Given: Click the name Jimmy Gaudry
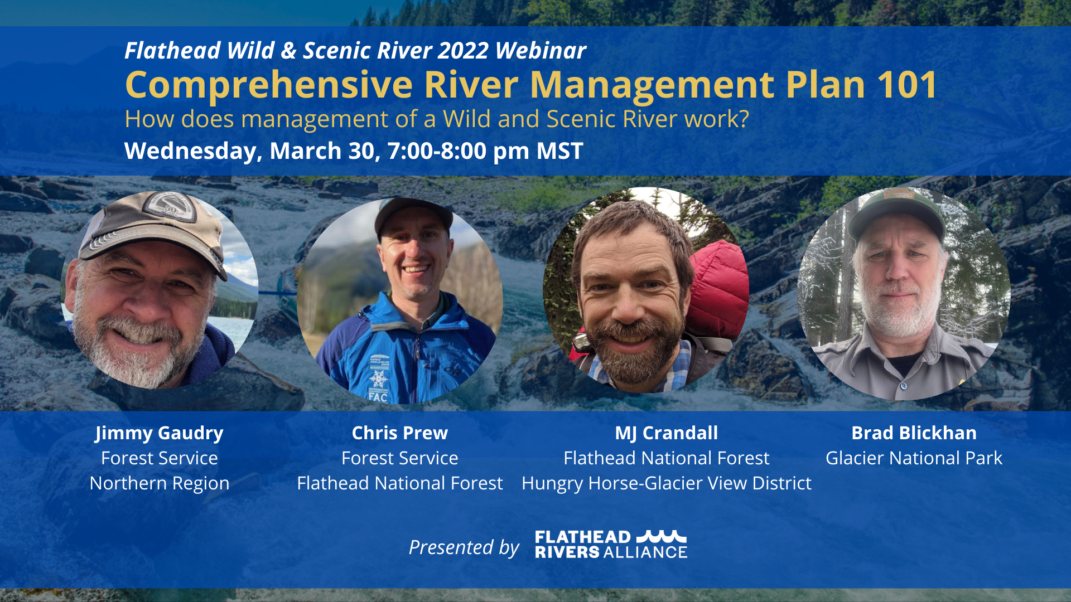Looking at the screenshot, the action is tap(159, 433).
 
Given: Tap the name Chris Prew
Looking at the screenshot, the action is tap(400, 433).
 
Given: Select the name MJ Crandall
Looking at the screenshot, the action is tap(667, 433).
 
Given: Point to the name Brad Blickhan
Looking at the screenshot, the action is tap(914, 433).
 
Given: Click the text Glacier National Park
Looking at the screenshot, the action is tap(914, 458).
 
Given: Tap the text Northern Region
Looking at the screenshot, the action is tap(160, 483).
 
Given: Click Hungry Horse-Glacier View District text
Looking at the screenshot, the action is tap(667, 483).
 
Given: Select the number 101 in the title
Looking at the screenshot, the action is tap(908, 85).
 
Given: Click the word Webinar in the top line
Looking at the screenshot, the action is tap(541, 51).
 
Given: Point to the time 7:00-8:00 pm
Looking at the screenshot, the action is tap(459, 151).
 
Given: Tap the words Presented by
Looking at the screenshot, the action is tap(464, 547).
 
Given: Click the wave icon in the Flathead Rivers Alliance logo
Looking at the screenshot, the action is tap(662, 536).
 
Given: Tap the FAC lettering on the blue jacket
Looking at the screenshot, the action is tap(378, 397).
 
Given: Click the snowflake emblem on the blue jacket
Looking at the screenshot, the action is tap(379, 379).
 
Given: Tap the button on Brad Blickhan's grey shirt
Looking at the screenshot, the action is tap(904, 386).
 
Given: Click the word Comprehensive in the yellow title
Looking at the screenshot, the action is tap(269, 85).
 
